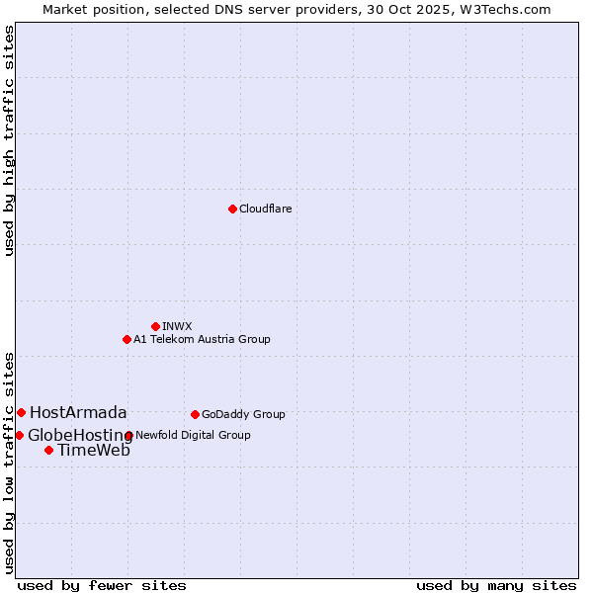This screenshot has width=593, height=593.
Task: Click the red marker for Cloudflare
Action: pos(232,209)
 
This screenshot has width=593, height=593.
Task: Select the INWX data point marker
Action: pos(155,326)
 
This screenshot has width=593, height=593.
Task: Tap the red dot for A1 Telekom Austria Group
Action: pos(127,339)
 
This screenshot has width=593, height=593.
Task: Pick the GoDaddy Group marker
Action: pos(195,414)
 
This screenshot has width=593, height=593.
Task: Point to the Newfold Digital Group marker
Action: pos(128,435)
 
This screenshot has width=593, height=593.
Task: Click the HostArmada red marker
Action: pos(21,412)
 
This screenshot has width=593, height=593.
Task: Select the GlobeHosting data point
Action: pos(19,435)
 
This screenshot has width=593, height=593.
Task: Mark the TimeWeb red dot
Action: pos(48,450)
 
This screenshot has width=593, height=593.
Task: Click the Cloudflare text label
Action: pos(265,209)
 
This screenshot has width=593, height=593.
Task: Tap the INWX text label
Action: pos(177,326)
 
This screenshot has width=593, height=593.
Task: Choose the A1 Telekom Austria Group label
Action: pos(202,339)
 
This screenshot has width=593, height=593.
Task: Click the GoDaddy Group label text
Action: pos(243,414)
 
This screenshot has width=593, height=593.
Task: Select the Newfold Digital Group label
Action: pos(193,435)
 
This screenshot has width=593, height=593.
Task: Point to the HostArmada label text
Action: pos(78,412)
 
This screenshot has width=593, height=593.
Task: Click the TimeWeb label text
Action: pos(93,451)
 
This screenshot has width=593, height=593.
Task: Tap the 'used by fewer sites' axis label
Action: pos(102,585)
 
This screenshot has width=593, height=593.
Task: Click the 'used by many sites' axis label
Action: pos(496,585)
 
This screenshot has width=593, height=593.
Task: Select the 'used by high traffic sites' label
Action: pos(9,140)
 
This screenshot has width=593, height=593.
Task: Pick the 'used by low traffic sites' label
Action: pos(9,462)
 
